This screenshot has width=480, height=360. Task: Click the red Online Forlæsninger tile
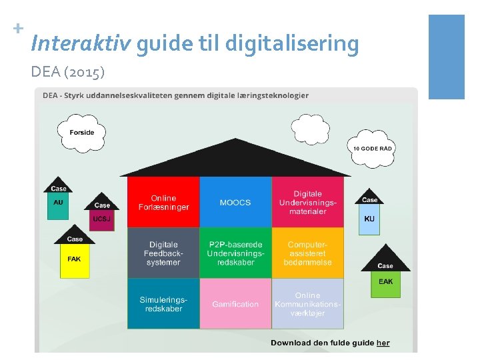pyautogui.click(x=163, y=203)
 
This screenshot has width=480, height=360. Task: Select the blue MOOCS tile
pyautogui.click(x=235, y=203)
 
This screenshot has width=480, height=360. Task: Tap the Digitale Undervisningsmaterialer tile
pyautogui.click(x=307, y=203)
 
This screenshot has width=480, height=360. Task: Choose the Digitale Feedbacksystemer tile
pyautogui.click(x=163, y=253)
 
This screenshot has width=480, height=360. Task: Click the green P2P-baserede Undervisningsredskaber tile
pyautogui.click(x=235, y=253)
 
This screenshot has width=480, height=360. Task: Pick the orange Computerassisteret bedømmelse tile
pyautogui.click(x=307, y=253)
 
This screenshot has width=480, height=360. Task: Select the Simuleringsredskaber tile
pyautogui.click(x=163, y=304)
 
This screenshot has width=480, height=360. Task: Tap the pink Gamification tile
pyautogui.click(x=235, y=304)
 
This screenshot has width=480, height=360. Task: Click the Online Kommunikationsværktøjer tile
pyautogui.click(x=307, y=304)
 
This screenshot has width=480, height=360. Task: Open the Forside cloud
pyautogui.click(x=81, y=132)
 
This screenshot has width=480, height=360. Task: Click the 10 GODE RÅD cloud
pyautogui.click(x=372, y=147)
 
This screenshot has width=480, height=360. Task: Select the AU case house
pyautogui.click(x=59, y=202)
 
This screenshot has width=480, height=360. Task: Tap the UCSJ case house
pyautogui.click(x=102, y=217)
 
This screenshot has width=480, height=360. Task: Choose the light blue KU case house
pyautogui.click(x=369, y=217)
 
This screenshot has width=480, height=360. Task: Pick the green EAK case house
pyautogui.click(x=385, y=280)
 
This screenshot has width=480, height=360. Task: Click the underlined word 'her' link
pyautogui.click(x=383, y=343)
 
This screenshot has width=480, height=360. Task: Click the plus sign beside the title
pyautogui.click(x=18, y=29)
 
